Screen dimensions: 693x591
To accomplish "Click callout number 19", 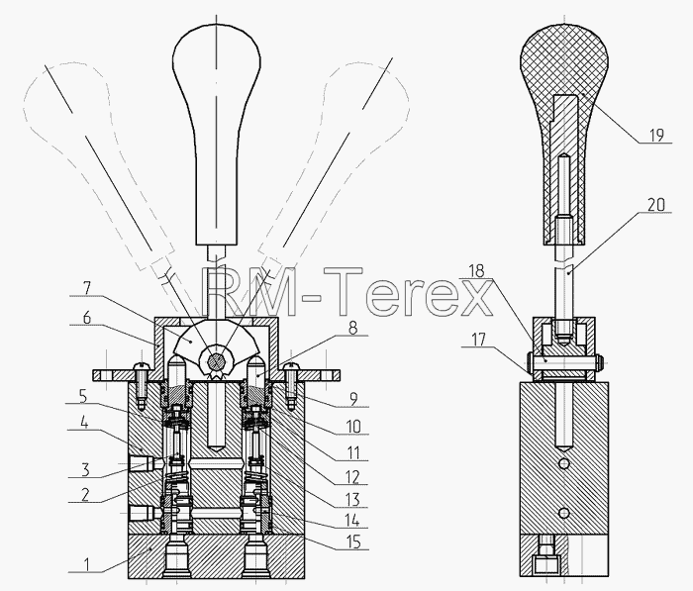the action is [x=656, y=135].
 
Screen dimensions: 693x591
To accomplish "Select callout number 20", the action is [x=656, y=205].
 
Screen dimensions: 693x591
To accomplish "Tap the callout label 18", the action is [x=476, y=270].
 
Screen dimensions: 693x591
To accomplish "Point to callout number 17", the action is [x=478, y=340].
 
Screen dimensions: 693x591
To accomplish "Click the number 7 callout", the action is [x=87, y=288].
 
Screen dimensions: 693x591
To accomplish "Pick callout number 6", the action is [x=87, y=318].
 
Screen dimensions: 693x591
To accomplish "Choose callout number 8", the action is [x=352, y=328].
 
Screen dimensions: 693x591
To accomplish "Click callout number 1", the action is [x=87, y=564].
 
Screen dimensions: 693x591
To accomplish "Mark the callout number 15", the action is [x=353, y=542].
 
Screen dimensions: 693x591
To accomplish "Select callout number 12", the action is [x=352, y=477].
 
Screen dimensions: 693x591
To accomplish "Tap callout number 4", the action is [x=84, y=423].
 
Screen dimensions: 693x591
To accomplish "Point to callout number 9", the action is [x=353, y=399].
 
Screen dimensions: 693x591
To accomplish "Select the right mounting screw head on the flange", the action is [x=290, y=366].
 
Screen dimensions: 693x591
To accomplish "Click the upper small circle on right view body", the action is [x=564, y=463].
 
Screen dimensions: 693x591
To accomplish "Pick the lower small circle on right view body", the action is [x=564, y=513].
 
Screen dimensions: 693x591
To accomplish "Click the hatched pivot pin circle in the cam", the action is [x=216, y=361].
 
